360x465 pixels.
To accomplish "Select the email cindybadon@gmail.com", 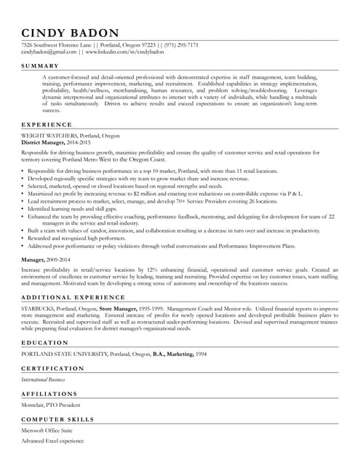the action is (49, 52).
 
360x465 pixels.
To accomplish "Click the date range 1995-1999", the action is (152, 309).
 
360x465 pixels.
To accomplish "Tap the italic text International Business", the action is (43, 379).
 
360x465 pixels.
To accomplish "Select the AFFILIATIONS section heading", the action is (52, 394).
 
